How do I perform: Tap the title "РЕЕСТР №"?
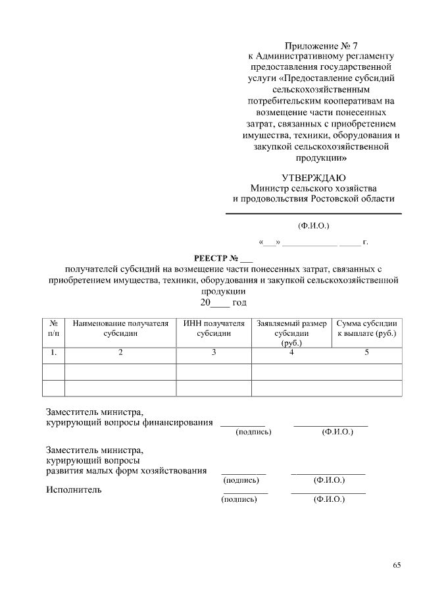point(213,257)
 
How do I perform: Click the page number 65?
point(397,566)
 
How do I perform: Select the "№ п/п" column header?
point(54,329)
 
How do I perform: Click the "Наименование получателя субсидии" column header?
point(120,329)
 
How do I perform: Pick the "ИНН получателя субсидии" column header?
point(214,329)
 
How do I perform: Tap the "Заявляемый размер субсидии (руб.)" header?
point(291,333)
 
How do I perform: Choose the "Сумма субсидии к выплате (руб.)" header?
point(366,329)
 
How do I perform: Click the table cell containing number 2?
point(120,353)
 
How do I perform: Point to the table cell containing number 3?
point(214,353)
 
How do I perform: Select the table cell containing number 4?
point(291,353)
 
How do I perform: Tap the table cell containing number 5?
point(366,353)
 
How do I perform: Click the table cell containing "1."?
point(54,353)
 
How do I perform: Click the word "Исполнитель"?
point(73,489)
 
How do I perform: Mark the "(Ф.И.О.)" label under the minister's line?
point(314,226)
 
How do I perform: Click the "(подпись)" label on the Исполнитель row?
point(239,499)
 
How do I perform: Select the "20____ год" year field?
point(223,302)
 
